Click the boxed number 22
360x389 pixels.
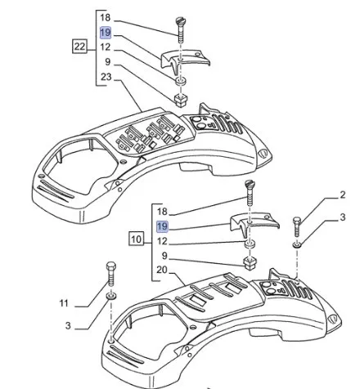(x=79, y=47)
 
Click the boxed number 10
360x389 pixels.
(x=137, y=239)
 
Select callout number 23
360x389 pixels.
(x=106, y=77)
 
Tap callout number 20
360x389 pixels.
(x=162, y=270)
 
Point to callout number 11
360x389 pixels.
(x=64, y=303)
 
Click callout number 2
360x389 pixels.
(x=343, y=194)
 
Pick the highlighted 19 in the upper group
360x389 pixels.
(x=106, y=33)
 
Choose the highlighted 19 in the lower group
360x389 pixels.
(x=162, y=226)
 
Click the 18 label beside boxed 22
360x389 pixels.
(x=106, y=18)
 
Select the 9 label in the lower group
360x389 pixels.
(x=164, y=256)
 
